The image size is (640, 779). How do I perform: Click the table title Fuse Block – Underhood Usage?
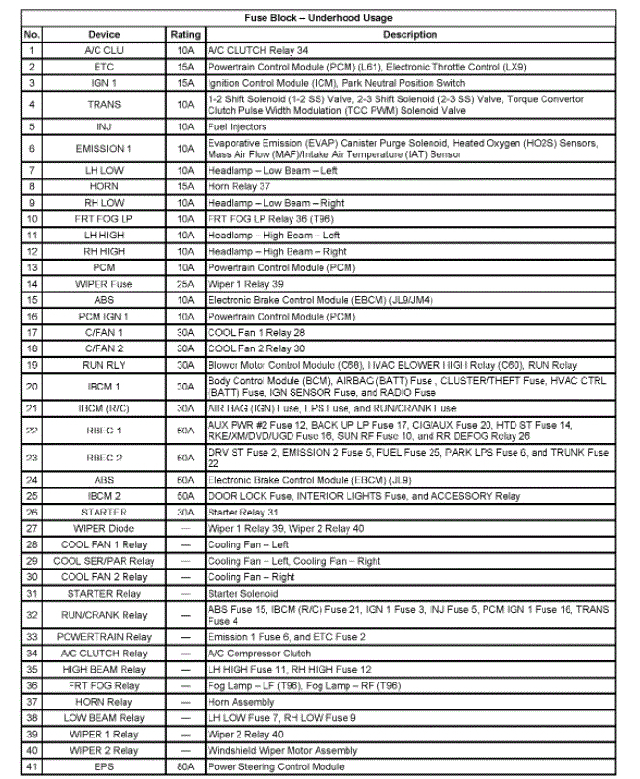pyautogui.click(x=320, y=17)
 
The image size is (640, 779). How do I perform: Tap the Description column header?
pyautogui.click(x=410, y=34)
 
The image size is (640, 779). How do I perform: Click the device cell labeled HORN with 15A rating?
pyautogui.click(x=103, y=185)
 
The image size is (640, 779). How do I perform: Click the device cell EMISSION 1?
pyautogui.click(x=103, y=148)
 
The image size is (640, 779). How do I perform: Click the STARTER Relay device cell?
pyautogui.click(x=103, y=593)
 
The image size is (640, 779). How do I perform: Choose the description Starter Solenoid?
pyautogui.click(x=244, y=593)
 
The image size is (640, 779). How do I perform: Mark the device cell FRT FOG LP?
pyautogui.click(x=103, y=218)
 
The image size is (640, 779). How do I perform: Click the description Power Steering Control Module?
pyautogui.click(x=275, y=766)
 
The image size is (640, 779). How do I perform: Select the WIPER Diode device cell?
pyautogui.click(x=103, y=528)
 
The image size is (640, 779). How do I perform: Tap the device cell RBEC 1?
pyautogui.click(x=103, y=430)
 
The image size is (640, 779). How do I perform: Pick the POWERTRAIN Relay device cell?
pyautogui.click(x=103, y=637)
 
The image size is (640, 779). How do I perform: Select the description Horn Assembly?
pyautogui.click(x=241, y=702)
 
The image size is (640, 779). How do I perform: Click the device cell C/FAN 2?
pyautogui.click(x=103, y=348)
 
